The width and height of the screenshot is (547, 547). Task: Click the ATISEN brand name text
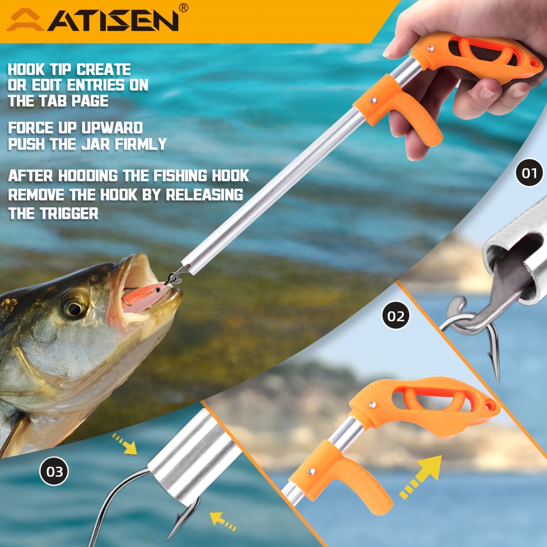113,21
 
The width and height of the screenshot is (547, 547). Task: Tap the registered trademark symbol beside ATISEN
184,8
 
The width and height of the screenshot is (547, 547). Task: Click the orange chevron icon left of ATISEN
25,20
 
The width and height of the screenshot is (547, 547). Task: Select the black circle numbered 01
529,172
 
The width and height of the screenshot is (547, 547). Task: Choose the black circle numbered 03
54,471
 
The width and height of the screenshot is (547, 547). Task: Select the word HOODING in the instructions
88,175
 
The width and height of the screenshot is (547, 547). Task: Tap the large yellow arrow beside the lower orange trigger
420,477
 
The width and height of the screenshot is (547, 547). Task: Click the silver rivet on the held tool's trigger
374,100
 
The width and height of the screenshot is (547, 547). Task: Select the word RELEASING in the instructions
204,195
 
